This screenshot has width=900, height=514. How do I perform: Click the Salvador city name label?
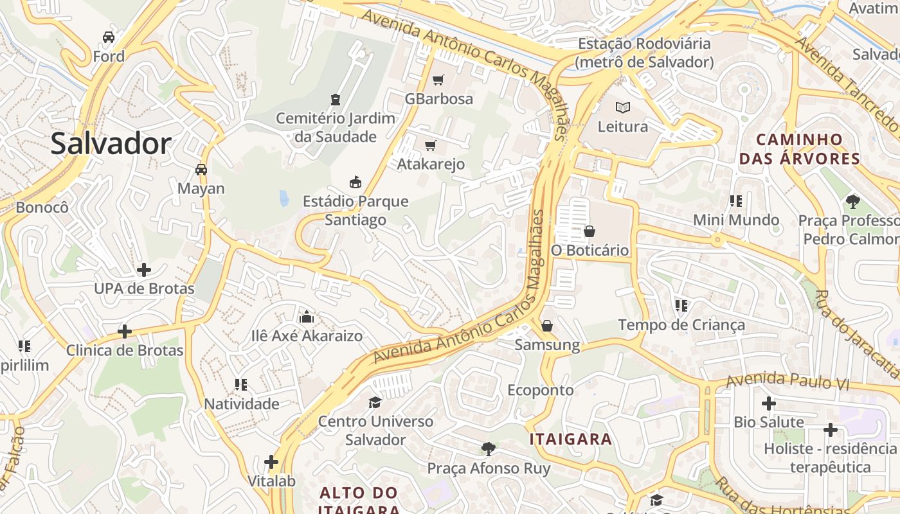click(111, 143)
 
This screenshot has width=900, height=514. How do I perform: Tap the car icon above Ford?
click(109, 37)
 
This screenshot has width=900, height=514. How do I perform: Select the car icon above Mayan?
click(201, 170)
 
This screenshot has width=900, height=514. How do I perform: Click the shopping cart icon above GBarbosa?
click(438, 80)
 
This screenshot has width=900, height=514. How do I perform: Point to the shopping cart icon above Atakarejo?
click(430, 145)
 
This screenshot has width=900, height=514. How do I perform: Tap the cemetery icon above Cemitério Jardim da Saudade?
click(335, 100)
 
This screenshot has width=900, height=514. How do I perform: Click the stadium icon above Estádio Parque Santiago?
click(355, 182)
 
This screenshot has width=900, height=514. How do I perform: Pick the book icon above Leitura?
click(622, 107)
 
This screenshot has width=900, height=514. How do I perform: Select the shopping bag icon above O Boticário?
click(589, 231)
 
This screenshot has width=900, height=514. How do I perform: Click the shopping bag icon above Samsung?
click(547, 326)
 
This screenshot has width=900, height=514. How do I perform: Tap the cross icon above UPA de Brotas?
click(144, 270)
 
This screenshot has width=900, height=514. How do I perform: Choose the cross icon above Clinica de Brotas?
click(125, 332)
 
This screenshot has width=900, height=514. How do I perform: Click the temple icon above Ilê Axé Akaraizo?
click(307, 317)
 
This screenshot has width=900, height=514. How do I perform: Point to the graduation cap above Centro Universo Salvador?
click(375, 402)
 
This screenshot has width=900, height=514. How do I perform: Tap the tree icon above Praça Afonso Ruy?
click(489, 449)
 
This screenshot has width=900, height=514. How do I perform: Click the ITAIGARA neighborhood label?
click(570, 439)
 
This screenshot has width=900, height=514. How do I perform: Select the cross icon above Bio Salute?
click(768, 403)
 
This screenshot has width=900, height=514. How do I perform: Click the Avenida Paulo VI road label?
click(788, 381)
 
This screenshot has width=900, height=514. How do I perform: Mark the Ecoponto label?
click(540, 390)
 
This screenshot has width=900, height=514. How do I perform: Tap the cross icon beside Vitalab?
click(271, 462)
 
